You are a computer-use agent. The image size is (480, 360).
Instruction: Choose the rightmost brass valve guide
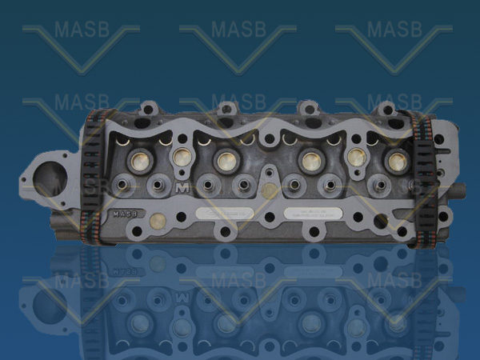pyautogui.click(x=396, y=160)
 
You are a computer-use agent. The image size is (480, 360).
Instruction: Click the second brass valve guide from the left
pyautogui.click(x=182, y=157)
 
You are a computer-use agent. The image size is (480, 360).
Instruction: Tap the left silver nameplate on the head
pyautogui.click(x=225, y=214)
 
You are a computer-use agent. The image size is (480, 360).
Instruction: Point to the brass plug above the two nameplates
pyautogui.click(x=270, y=191)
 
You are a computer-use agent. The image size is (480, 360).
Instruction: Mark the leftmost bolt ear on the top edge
pyautogui.click(x=148, y=107)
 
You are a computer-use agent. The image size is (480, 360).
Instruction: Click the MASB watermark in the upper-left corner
pyautogui.click(x=81, y=30)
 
